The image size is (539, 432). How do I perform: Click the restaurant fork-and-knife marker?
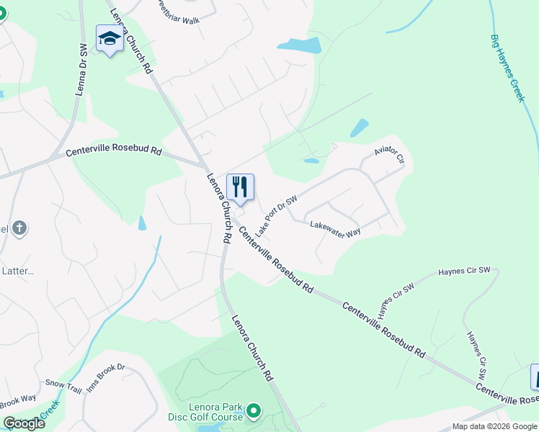tap(240, 187)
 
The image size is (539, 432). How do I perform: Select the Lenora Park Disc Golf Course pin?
tap(253, 411)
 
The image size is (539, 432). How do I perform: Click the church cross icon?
tap(19, 229)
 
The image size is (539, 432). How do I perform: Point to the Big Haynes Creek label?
tap(508, 68)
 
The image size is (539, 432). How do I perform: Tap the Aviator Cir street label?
tap(391, 152)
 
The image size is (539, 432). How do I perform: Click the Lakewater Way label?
tap(335, 230)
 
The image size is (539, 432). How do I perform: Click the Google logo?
tap(23, 423)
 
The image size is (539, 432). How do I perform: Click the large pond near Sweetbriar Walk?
tap(299, 45)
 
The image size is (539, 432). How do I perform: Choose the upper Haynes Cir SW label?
tap(464, 271)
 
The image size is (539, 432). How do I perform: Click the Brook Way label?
tap(17, 401)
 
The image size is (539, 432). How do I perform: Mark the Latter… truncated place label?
tap(18, 271)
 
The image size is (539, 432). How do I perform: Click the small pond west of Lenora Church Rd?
tap(142, 222)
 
